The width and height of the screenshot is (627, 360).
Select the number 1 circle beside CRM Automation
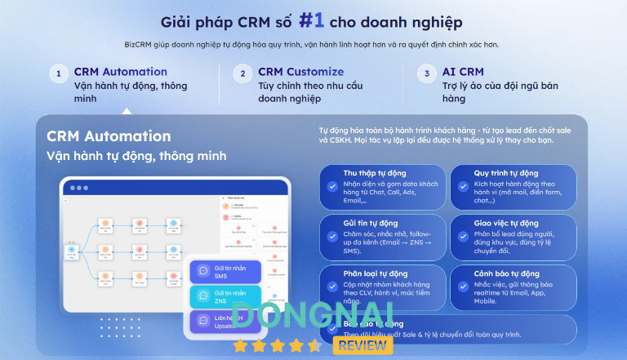(x=58, y=74)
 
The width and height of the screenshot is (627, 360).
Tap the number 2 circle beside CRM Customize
(x=242, y=74)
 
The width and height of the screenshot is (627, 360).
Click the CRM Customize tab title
(x=300, y=72)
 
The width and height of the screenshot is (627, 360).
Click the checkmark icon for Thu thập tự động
(x=332, y=186)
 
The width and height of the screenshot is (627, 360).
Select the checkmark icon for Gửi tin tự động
(x=332, y=235)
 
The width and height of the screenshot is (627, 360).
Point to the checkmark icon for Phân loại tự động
(x=332, y=286)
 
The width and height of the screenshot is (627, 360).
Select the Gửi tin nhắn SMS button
(x=225, y=271)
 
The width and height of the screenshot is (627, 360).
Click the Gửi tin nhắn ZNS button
(x=225, y=296)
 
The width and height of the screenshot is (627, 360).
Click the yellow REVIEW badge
(x=362, y=345)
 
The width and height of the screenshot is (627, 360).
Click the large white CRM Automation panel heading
(x=109, y=136)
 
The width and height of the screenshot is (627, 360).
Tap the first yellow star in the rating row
(x=240, y=346)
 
